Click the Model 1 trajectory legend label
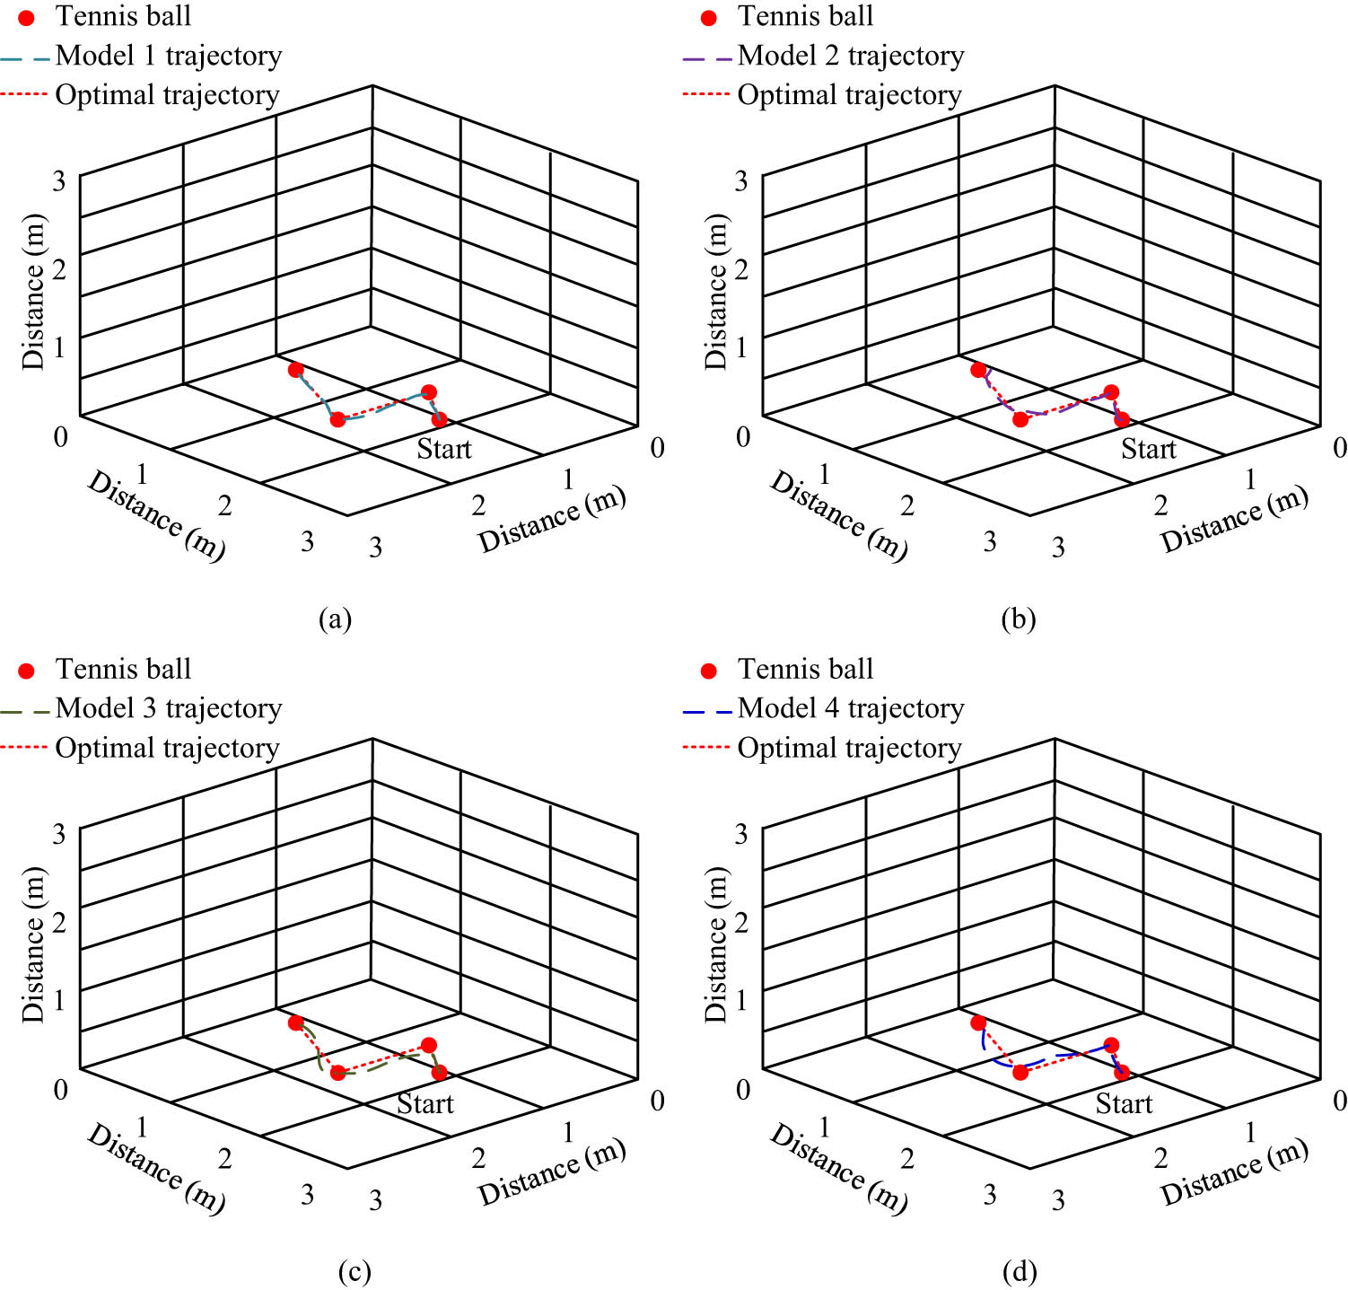169,56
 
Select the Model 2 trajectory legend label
851,56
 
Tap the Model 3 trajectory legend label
169,708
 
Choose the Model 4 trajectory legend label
851,708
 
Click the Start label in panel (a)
444,449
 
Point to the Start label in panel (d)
1124,1103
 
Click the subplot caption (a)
336,619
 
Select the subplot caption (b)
1019,619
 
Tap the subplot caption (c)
355,1271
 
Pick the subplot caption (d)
1019,1271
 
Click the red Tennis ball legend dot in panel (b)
709,18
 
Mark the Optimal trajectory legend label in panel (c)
168,748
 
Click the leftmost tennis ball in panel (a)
295,370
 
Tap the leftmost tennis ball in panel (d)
978,1022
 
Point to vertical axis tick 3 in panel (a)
59,181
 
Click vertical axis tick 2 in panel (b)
741,269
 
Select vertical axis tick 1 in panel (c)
59,1000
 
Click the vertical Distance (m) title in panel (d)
715,944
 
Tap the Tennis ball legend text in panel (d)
805,669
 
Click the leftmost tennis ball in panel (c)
295,1022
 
